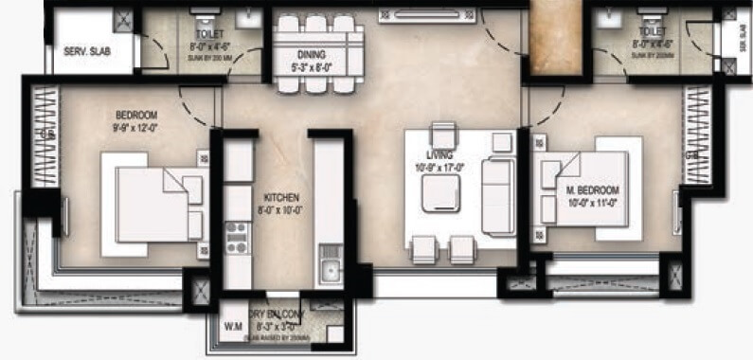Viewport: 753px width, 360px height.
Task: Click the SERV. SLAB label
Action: pyautogui.click(x=86, y=51)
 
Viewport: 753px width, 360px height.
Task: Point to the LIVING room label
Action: pyautogui.click(x=439, y=154)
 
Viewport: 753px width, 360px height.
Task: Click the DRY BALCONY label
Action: pyautogui.click(x=276, y=314)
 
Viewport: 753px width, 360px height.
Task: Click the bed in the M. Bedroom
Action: pyautogui.click(x=587, y=189)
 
